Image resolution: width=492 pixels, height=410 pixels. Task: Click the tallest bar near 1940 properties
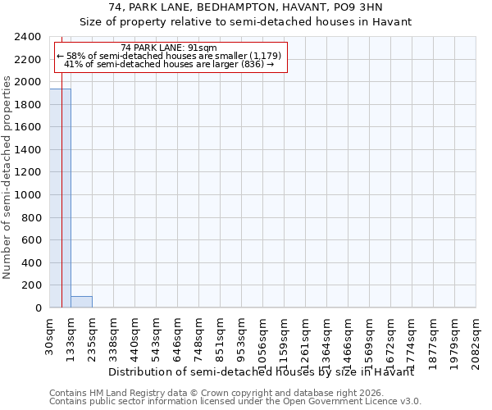[60, 198]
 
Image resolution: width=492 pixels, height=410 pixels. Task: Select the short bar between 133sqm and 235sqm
[81, 302]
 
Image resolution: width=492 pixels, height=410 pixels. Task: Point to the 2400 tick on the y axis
[29, 38]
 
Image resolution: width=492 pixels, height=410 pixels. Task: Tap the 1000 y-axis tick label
[29, 195]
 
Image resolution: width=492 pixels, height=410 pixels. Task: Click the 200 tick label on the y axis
[32, 285]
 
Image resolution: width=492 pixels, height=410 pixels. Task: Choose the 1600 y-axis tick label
[29, 128]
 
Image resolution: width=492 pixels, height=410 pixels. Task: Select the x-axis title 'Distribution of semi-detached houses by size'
[262, 372]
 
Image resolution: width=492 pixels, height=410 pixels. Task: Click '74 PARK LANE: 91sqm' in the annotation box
[168, 48]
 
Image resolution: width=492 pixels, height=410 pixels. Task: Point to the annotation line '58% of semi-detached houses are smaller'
[169, 56]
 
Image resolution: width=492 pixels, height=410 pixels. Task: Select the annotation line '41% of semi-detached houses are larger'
[169, 64]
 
